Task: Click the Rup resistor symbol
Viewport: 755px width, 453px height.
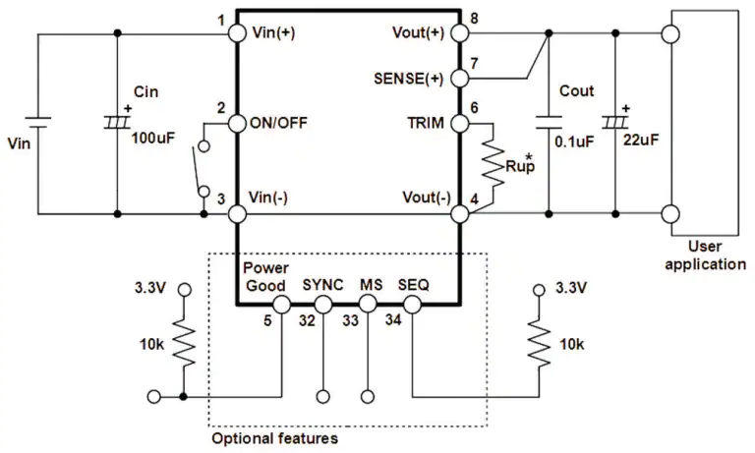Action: pyautogui.click(x=494, y=164)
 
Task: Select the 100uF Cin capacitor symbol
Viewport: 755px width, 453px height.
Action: pyautogui.click(x=117, y=122)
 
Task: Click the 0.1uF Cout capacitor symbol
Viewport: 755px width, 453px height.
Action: pyautogui.click(x=549, y=122)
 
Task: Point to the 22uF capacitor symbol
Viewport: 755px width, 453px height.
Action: pyautogui.click(x=614, y=122)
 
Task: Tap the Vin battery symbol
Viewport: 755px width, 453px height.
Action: pyautogui.click(x=38, y=122)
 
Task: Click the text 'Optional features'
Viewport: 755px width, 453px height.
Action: pyautogui.click(x=274, y=438)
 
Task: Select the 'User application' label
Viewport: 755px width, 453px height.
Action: pyautogui.click(x=706, y=255)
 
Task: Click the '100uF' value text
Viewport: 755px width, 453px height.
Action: pyautogui.click(x=153, y=139)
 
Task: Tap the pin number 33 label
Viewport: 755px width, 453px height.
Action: pyautogui.click(x=351, y=320)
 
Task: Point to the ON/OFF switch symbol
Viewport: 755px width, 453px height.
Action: pyautogui.click(x=200, y=168)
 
